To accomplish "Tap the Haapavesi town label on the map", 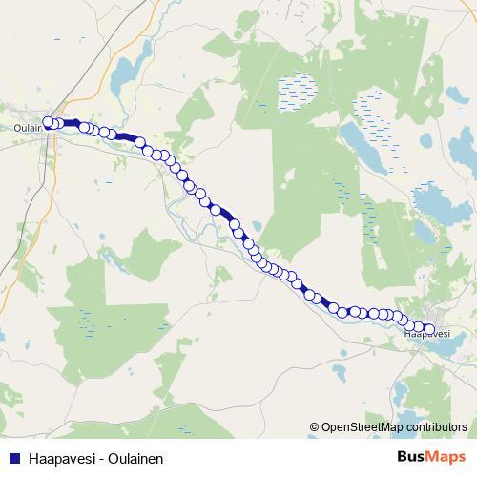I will coord(426,334).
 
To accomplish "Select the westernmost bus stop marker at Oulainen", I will coord(48,122).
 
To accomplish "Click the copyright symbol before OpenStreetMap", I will coord(314,427).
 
